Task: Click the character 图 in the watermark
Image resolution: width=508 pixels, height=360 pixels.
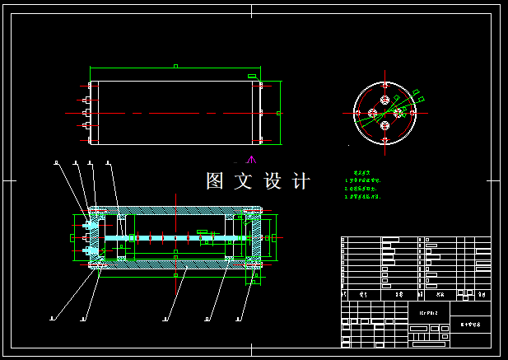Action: click(216, 181)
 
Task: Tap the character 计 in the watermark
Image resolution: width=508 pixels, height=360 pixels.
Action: click(301, 181)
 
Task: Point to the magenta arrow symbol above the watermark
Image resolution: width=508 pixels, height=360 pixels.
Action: click(252, 159)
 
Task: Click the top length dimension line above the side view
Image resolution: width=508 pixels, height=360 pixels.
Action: click(175, 68)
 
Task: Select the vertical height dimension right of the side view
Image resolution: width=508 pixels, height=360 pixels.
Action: click(281, 112)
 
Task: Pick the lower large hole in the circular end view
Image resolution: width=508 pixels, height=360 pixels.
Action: click(384, 125)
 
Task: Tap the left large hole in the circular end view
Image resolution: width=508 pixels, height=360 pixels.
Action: click(372, 113)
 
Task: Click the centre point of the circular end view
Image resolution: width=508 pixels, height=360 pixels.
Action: click(384, 113)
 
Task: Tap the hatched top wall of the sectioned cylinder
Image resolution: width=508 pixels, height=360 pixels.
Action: click(177, 209)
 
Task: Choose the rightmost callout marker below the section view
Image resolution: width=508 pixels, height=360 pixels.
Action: click(238, 316)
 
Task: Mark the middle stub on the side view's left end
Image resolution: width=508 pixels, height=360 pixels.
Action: click(86, 112)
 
